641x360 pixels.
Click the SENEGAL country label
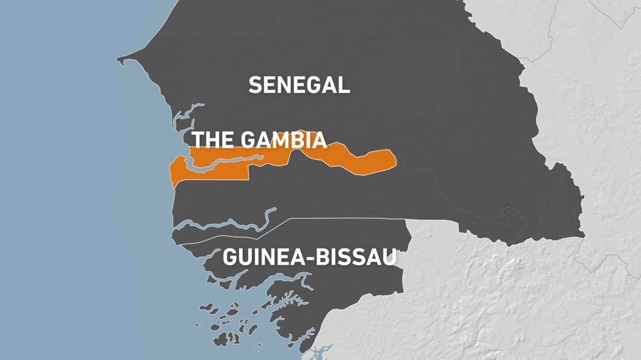coord(299,85)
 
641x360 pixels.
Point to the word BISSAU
coord(361,258)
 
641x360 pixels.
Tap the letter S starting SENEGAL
coord(255,85)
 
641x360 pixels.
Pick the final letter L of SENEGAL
coord(344,85)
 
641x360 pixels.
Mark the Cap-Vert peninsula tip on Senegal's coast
coord(119,61)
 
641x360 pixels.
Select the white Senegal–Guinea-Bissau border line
coord(346,219)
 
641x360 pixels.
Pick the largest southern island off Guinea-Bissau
coord(226,338)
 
